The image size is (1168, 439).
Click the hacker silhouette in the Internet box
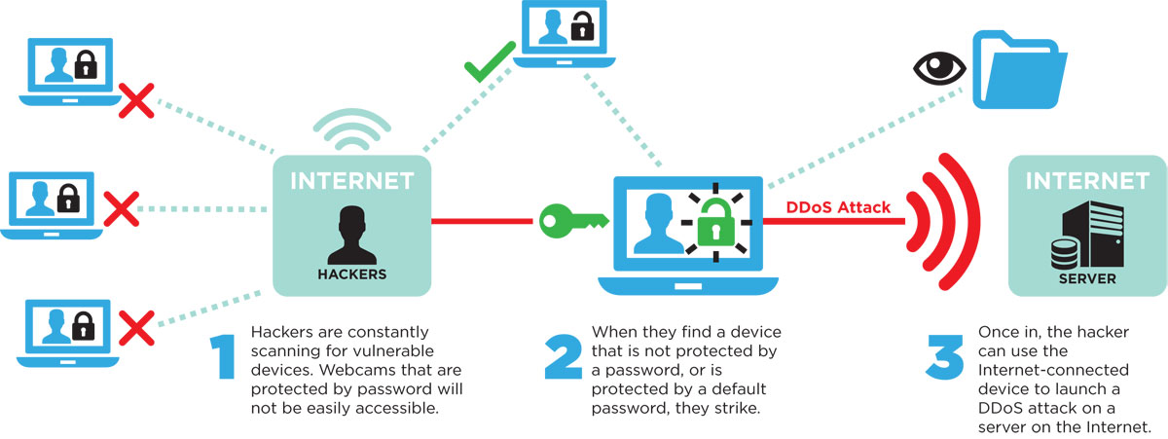[351, 233]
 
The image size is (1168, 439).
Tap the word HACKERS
[351, 274]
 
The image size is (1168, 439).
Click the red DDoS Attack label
[824, 205]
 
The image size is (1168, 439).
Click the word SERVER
[1087, 277]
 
